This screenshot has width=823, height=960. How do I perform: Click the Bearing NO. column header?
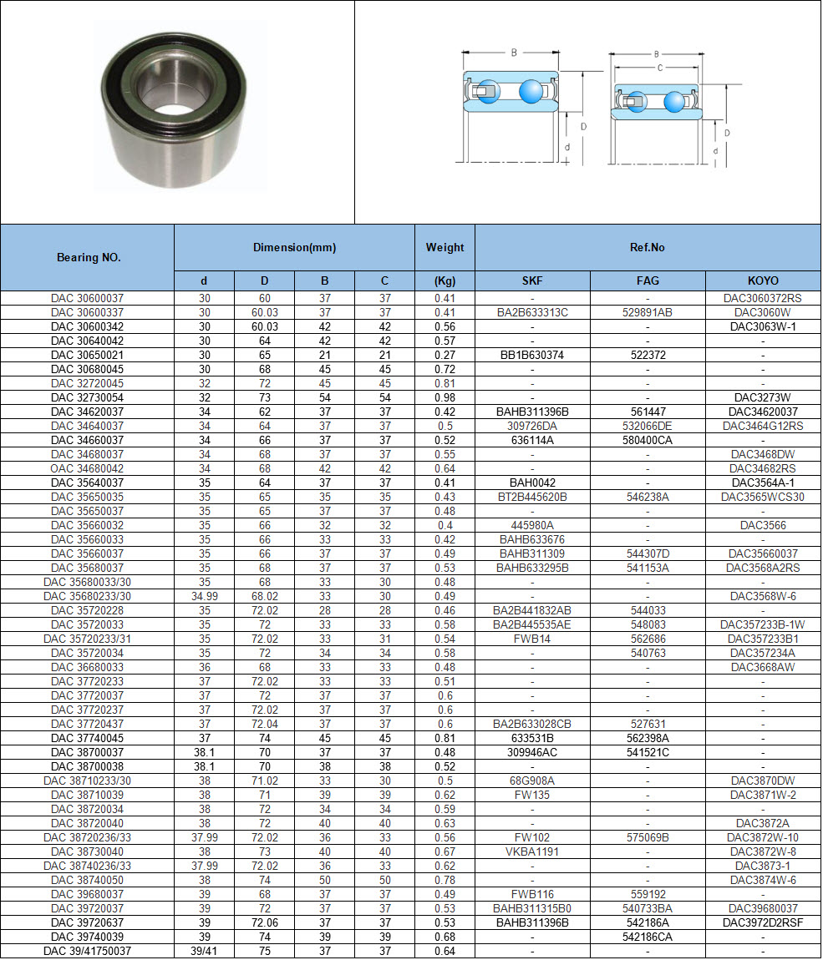pyautogui.click(x=88, y=257)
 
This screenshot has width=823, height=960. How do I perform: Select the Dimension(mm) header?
pyautogui.click(x=294, y=248)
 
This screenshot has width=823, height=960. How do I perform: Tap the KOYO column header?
pyautogui.click(x=762, y=281)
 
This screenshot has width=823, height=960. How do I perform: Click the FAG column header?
pyautogui.click(x=648, y=281)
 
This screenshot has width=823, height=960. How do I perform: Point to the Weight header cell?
pyautogui.click(x=445, y=248)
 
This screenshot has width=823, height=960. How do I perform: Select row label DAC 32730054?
pyautogui.click(x=87, y=397)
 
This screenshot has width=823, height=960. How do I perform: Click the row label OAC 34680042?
pyautogui.click(x=87, y=468)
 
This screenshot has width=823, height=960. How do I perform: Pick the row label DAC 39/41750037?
pyautogui.click(x=87, y=951)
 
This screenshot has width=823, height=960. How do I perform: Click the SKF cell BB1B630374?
pyautogui.click(x=532, y=355)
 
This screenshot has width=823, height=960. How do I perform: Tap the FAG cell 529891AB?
pyautogui.click(x=648, y=312)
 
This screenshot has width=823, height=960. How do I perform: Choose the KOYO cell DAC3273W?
pyautogui.click(x=762, y=397)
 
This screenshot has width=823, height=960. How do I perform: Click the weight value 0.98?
pyautogui.click(x=445, y=397)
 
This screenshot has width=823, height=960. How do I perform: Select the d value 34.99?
pyautogui.click(x=204, y=596)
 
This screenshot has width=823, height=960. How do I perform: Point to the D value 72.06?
pyautogui.click(x=264, y=922)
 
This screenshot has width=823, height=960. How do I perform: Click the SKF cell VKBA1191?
pyautogui.click(x=532, y=851)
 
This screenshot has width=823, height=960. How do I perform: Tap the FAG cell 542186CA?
pyautogui.click(x=648, y=937)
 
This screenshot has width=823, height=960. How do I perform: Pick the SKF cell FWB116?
pyautogui.click(x=532, y=894)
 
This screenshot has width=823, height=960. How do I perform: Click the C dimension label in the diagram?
pyautogui.click(x=660, y=68)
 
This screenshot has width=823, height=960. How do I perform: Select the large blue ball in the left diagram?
pyautogui.click(x=531, y=91)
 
